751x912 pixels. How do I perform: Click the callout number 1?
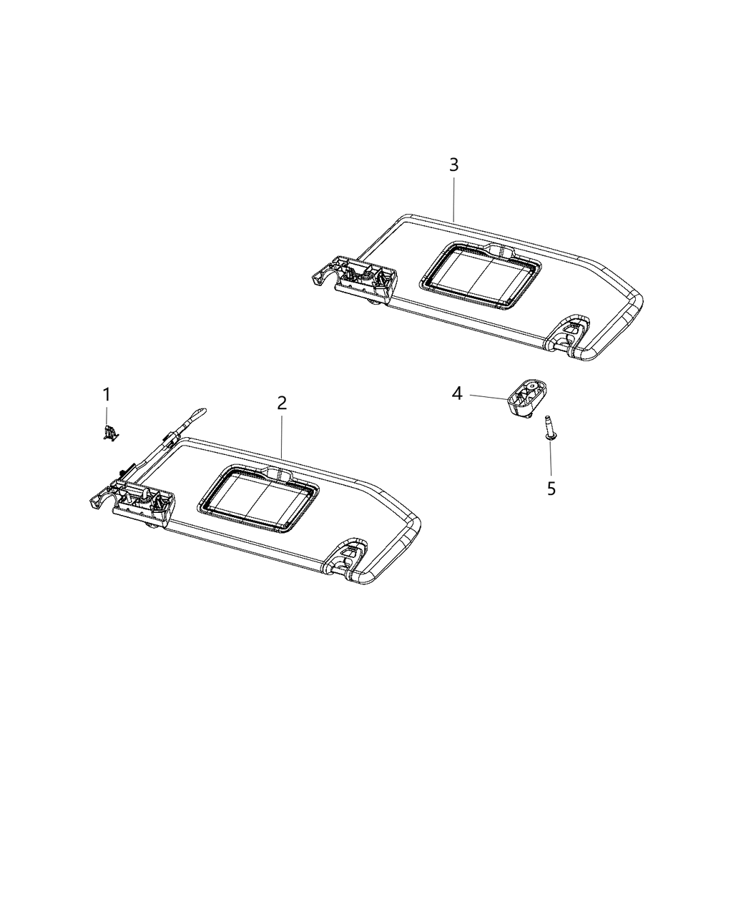pos(107,394)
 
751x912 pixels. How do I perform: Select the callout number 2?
pos(282,403)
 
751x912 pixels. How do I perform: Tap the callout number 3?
pos(453,165)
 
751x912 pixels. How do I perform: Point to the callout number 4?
pos(457,393)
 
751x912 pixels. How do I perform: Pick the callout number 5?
pos(551,489)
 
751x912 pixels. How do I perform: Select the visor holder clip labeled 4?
pos(526,397)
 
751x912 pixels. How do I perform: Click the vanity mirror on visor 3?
pos(481,275)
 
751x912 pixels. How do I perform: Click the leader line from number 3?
pos(453,197)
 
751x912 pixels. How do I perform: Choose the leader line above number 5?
pos(551,459)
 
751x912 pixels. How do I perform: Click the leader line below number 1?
pos(107,415)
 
